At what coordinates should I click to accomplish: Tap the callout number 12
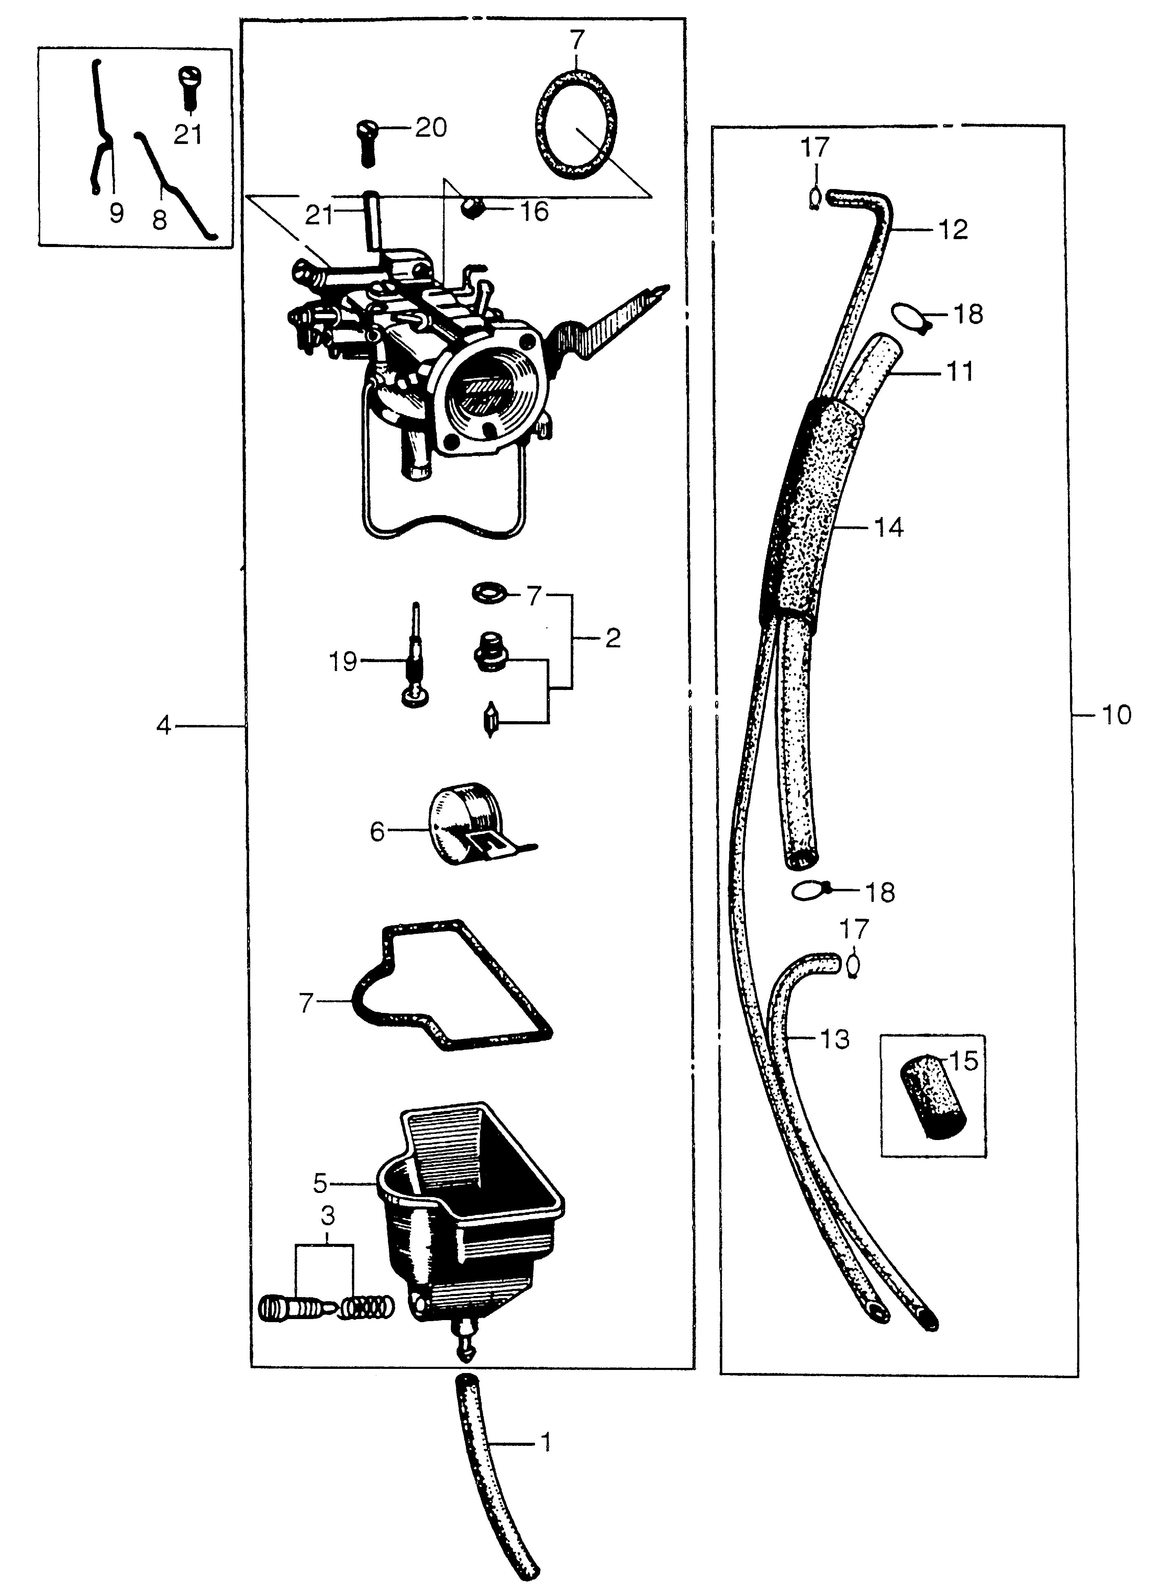coord(953,230)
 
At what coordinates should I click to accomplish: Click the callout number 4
coord(163,725)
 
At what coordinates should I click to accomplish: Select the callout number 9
coord(116,212)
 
